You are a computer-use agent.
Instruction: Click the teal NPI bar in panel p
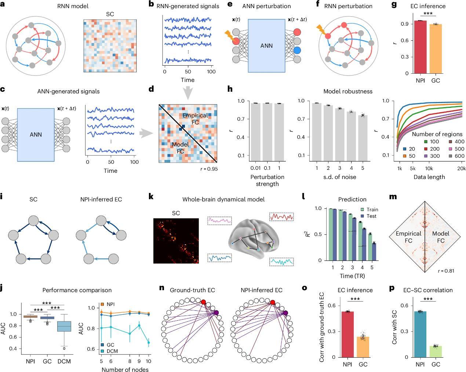click(x=420, y=334)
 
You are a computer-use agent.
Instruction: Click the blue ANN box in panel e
click(x=266, y=45)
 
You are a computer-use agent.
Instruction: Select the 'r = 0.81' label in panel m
click(x=446, y=271)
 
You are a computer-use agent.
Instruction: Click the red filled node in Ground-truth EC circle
click(x=204, y=302)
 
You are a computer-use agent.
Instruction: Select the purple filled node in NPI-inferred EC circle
click(x=285, y=313)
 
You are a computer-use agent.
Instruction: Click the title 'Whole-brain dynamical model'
click(x=223, y=199)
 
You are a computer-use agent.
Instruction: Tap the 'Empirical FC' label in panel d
click(x=195, y=119)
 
